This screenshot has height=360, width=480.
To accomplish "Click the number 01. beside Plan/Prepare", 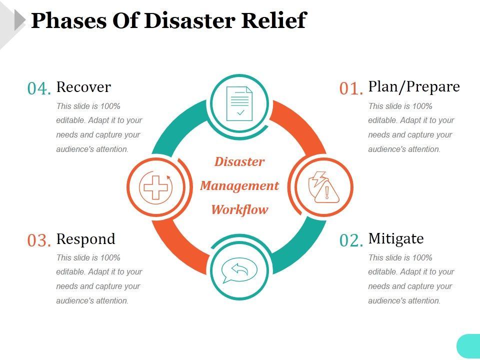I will click(x=350, y=88).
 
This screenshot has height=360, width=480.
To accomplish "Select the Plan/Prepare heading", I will click(x=414, y=86).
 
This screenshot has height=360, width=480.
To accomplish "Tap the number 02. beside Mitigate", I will click(x=350, y=240).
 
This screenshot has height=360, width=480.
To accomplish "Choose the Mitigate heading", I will click(x=396, y=238).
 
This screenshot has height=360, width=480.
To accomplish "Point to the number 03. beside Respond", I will click(x=39, y=240).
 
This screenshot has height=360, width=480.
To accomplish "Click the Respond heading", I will click(x=85, y=239).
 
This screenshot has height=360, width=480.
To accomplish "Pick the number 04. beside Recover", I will click(x=39, y=88).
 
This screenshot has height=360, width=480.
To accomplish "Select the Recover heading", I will click(x=83, y=87).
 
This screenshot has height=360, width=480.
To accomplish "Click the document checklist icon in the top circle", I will click(x=239, y=103).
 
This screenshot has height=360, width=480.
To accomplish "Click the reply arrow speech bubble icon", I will click(x=239, y=269).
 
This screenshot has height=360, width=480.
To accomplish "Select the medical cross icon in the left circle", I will click(x=155, y=187).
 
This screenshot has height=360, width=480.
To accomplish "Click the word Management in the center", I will click(x=239, y=186).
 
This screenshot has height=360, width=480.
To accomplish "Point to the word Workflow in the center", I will click(x=239, y=209).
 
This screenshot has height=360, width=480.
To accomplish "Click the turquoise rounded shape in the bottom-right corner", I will click(x=468, y=346).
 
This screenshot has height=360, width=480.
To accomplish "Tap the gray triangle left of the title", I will click(x=19, y=20).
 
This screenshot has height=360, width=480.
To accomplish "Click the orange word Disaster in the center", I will click(x=239, y=162).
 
